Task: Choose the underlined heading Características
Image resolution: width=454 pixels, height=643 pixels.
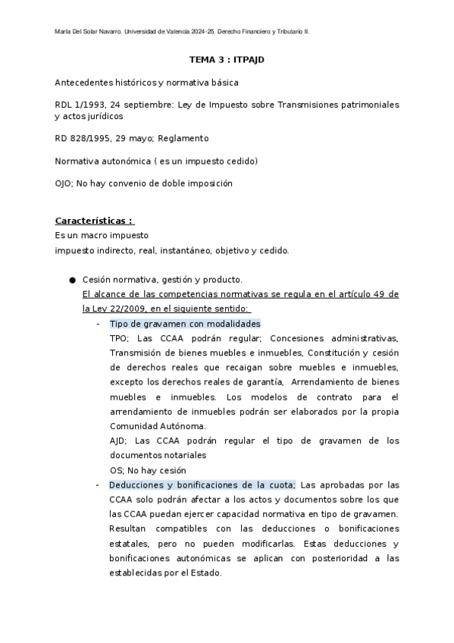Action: pos(94,221)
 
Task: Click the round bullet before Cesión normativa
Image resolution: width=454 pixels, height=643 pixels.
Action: pos(73,280)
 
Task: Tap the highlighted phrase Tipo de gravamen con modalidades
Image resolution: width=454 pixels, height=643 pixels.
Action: pos(174,324)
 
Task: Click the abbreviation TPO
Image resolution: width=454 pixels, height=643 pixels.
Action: pos(119,338)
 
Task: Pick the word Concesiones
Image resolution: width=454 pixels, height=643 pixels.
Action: pos(298,338)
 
